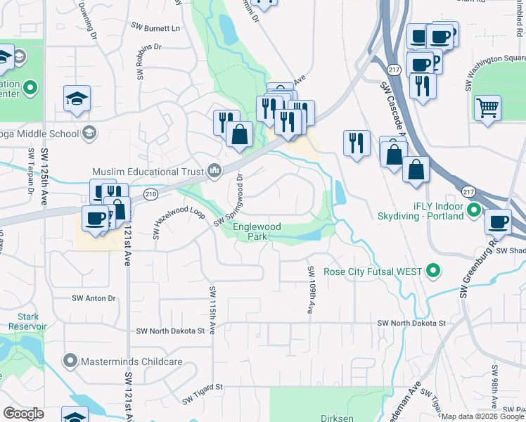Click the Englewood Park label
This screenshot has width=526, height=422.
pos(258,232)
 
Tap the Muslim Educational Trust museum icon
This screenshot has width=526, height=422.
pos(214,171)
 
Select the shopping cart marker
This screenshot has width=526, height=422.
pos(487,108)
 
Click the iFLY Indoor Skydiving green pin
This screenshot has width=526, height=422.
pos(474,210)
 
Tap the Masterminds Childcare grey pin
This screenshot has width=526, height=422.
pos(70,362)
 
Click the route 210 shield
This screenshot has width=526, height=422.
pos(150,193)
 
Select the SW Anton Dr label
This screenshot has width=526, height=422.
pos(94,298)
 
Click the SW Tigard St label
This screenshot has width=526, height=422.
pos(198,387)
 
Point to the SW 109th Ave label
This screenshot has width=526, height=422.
pos(309,290)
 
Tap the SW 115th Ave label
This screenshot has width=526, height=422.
pos(212,309)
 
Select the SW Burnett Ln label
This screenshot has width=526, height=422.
pos(155,27)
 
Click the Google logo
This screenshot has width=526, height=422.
pos(24,414)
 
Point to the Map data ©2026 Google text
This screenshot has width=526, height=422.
pos(482,416)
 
